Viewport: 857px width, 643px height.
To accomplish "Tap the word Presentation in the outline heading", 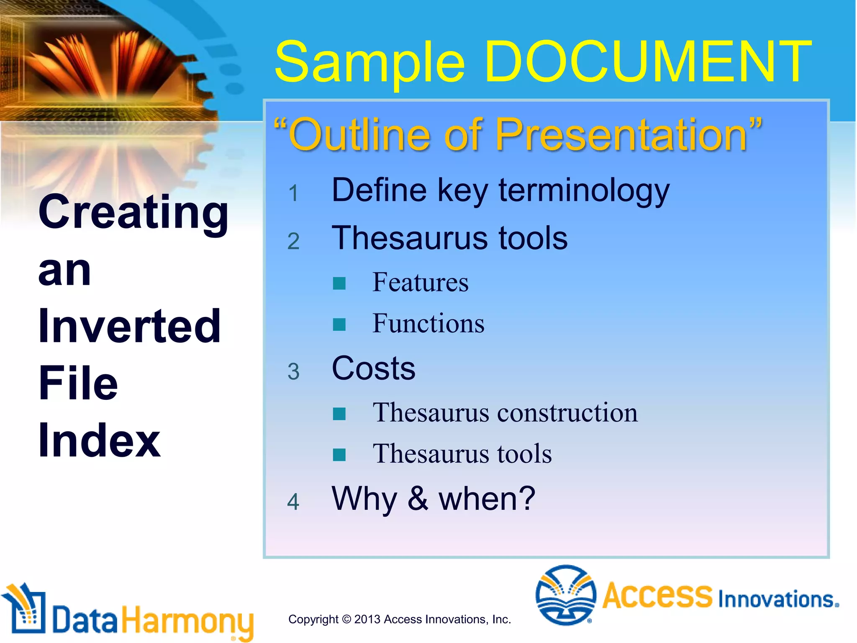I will [621, 135].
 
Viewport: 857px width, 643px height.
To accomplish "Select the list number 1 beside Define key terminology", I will [293, 193].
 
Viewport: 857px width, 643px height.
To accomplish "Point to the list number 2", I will [293, 242].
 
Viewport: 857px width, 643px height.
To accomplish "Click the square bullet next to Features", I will [339, 283].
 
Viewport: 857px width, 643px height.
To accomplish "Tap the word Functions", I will [428, 324].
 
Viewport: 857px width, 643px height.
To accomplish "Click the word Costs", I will [373, 369].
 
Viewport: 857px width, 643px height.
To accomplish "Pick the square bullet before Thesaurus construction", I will [339, 414].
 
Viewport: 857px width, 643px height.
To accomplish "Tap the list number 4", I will [293, 502].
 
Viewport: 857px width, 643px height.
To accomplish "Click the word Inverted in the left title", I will [129, 326].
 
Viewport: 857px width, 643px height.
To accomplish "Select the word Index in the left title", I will [99, 441].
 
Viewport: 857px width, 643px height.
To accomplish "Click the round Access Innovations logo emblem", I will [566, 594].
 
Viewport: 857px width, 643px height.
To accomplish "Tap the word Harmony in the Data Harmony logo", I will [187, 620].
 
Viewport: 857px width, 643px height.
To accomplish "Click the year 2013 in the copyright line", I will [367, 620].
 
